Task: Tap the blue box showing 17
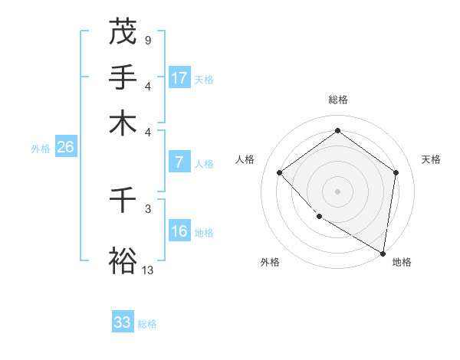click(x=179, y=78)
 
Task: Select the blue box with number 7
click(x=179, y=162)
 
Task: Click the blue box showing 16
click(x=179, y=231)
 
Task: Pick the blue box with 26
click(x=65, y=148)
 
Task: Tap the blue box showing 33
click(x=123, y=322)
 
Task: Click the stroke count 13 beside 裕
click(x=148, y=269)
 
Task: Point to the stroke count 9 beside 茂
click(x=147, y=39)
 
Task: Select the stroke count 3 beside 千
click(x=147, y=208)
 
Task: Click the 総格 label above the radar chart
click(x=338, y=100)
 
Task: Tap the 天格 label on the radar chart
click(x=431, y=159)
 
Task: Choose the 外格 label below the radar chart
click(x=270, y=262)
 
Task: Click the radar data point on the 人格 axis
click(x=280, y=172)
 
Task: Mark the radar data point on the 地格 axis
click(x=382, y=252)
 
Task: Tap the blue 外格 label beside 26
click(x=40, y=149)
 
